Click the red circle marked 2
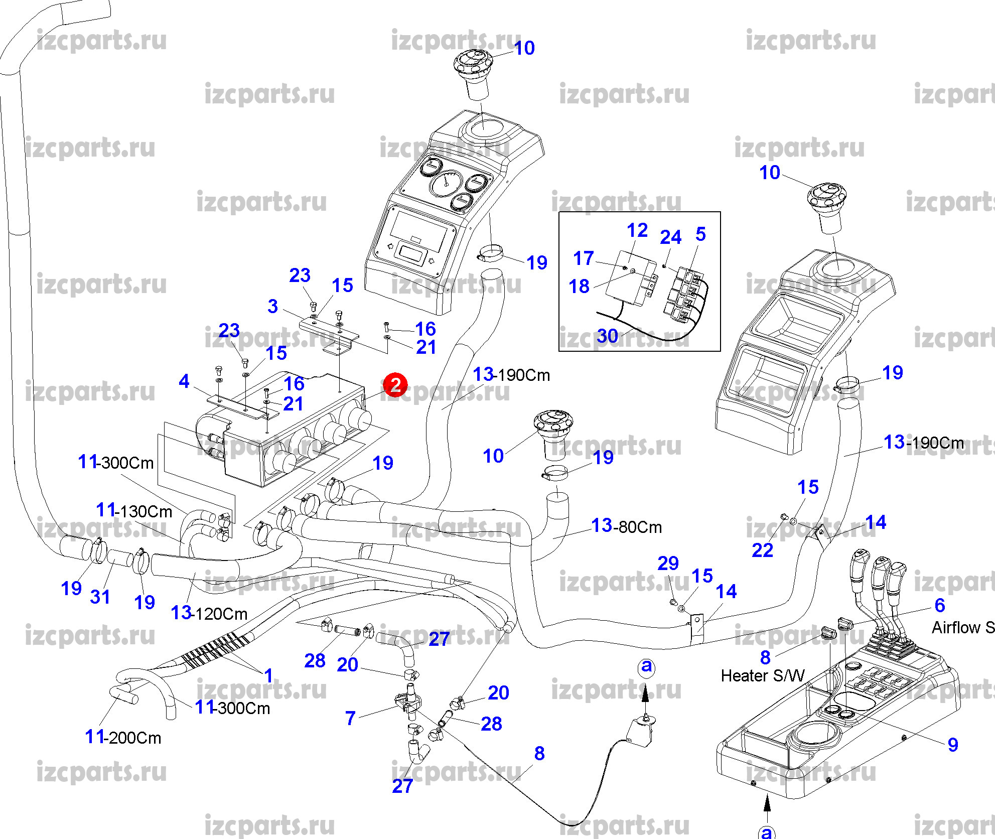pos(395,385)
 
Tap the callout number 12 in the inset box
pos(637,230)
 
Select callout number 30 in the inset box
pos(607,336)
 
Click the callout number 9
pos(953,745)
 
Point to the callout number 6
pos(940,605)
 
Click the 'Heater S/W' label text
pos(762,676)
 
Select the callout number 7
pos(350,718)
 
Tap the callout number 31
pos(100,597)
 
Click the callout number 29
pos(668,563)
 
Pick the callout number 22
pos(762,550)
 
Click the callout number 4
pos(184,381)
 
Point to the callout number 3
pos(272,306)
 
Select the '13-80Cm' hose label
pos(626,526)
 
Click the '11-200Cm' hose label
pos(123,737)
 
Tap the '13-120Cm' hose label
pos(209,613)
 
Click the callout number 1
pos(268,675)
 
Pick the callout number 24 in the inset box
pos(670,237)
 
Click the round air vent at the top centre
pos(473,65)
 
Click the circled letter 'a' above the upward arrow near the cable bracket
pos(647,666)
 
